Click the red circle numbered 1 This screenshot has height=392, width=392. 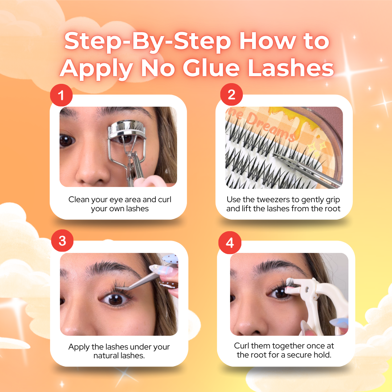[x=61, y=96]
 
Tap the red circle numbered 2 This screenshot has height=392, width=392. [x=232, y=95]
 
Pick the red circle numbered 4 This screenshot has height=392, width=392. [x=230, y=242]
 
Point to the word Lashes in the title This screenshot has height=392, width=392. [x=291, y=68]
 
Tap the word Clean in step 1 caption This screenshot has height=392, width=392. [x=79, y=199]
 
